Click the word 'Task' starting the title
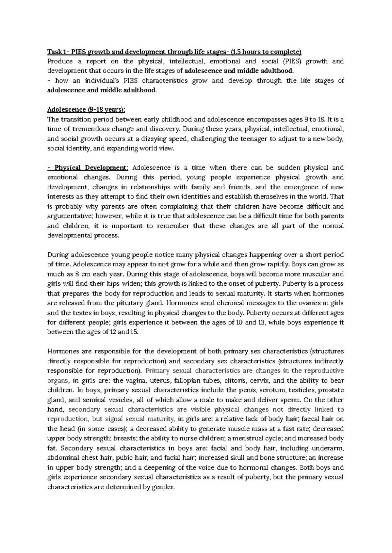[54, 52]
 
